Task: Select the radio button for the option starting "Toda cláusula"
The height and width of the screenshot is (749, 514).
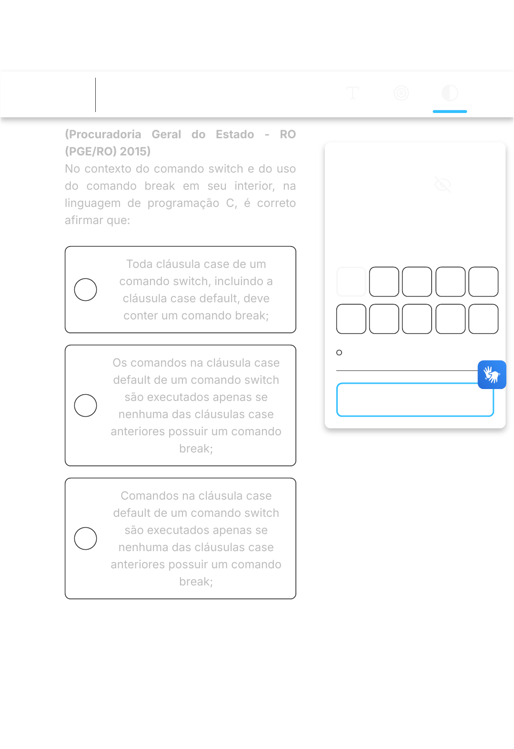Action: click(86, 289)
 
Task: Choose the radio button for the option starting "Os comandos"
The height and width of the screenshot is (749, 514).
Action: click(86, 406)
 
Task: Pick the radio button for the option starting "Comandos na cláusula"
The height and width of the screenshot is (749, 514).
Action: click(86, 539)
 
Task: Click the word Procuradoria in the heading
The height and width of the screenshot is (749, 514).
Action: click(103, 134)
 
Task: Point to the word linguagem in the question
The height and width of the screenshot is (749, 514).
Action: click(92, 203)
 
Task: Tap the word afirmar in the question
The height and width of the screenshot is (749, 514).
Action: click(84, 220)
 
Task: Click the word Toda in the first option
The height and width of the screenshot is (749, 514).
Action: click(140, 264)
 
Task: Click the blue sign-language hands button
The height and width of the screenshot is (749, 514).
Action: click(492, 375)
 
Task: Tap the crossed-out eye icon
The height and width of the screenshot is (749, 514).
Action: click(443, 185)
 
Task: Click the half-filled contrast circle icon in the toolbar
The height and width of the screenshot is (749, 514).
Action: click(450, 93)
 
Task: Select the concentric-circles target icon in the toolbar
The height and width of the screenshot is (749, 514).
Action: click(401, 93)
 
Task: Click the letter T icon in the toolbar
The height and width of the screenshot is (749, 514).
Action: click(353, 93)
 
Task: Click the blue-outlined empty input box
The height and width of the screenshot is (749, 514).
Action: click(415, 400)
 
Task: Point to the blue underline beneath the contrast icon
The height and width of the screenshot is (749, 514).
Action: click(450, 112)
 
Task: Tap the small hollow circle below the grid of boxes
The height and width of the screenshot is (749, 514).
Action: click(339, 352)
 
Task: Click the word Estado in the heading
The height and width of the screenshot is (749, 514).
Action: click(234, 134)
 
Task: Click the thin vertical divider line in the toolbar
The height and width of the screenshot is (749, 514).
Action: click(96, 95)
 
